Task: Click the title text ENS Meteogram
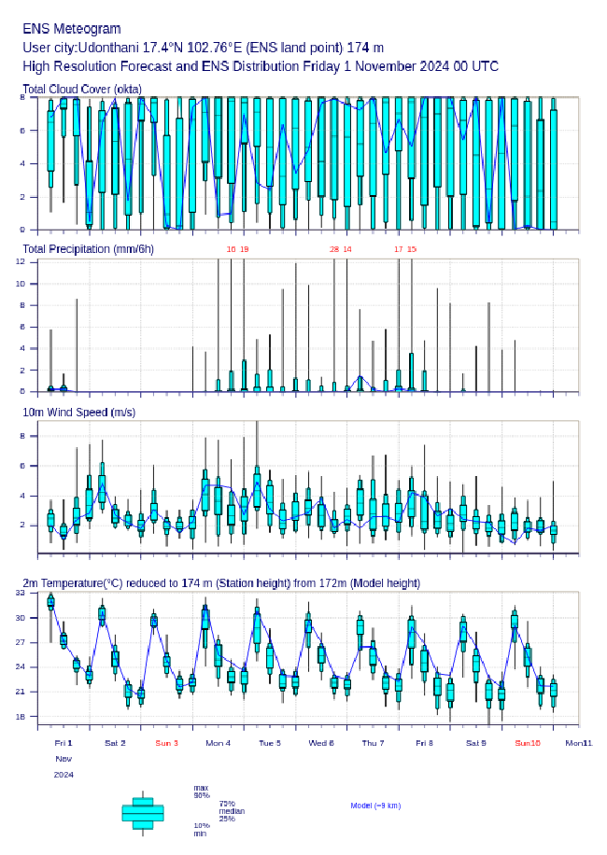[72, 29]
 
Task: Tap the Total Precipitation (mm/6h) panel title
[88, 248]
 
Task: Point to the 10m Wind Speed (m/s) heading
[80, 412]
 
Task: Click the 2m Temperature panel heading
[221, 582]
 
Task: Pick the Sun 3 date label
[166, 743]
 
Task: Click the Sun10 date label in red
[528, 743]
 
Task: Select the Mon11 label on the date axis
[579, 743]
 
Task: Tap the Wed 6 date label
[321, 743]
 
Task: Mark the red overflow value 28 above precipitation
[334, 249]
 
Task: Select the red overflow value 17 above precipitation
[399, 249]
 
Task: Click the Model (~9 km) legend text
[375, 805]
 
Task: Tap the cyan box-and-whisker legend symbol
[142, 813]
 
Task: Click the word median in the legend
[232, 811]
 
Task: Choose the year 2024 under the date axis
[64, 775]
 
